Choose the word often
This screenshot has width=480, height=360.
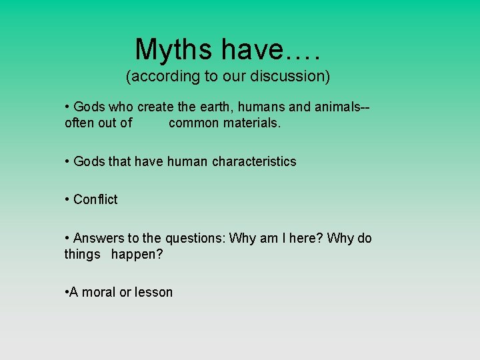80,123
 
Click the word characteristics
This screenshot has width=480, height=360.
254,161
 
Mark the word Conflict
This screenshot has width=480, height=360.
95,199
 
